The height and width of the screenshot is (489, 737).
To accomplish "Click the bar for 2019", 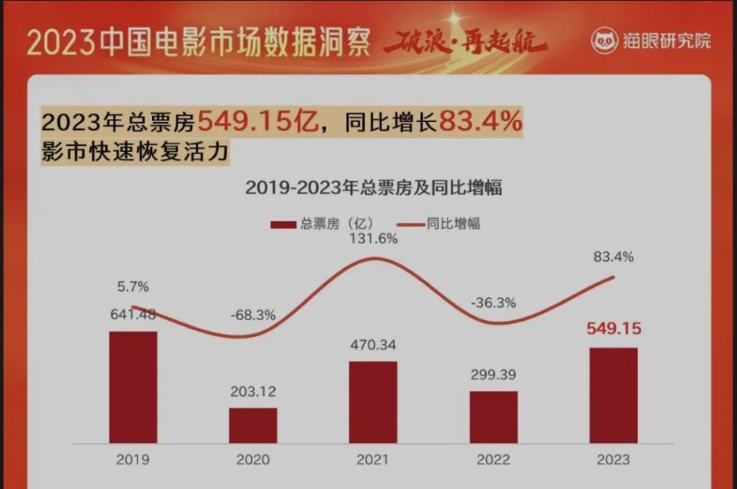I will click(133, 387).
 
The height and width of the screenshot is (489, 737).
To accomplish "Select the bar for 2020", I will click(253, 425).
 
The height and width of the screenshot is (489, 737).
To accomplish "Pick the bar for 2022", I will click(494, 417).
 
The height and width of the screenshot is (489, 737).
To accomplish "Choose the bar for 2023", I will click(613, 395).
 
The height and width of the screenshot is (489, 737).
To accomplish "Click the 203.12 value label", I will click(253, 392).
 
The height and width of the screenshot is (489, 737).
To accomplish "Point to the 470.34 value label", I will click(373, 345).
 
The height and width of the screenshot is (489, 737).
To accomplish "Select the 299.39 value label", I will click(494, 375).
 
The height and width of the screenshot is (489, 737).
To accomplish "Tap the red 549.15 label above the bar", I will click(613, 329).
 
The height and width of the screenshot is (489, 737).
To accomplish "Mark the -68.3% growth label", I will click(253, 315).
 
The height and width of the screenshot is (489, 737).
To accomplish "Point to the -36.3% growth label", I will click(494, 302).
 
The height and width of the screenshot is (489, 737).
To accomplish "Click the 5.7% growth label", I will click(133, 286).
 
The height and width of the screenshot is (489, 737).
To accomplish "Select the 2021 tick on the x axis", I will click(373, 460).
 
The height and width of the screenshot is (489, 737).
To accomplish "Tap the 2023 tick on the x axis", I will click(613, 460).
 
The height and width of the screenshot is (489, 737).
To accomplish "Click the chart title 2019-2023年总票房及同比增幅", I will click(373, 187).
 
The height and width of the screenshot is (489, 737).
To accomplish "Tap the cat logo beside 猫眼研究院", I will click(604, 40).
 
